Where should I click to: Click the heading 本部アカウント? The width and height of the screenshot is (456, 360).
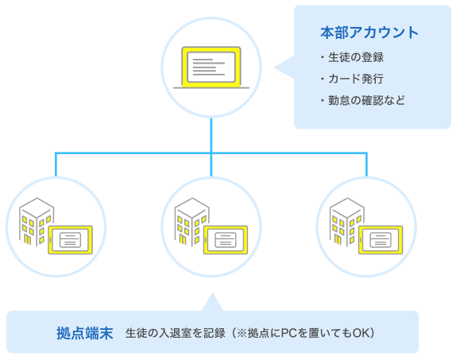(369, 33)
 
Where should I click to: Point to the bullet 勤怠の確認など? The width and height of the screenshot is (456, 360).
(365, 101)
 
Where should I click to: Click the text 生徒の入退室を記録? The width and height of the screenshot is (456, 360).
(176, 332)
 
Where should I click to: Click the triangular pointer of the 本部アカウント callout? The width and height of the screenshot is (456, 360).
(284, 68)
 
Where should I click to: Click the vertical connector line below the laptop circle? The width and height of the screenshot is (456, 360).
(211, 134)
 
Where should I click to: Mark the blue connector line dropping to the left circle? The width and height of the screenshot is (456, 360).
(56, 163)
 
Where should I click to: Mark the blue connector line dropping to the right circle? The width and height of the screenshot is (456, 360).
(366, 163)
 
